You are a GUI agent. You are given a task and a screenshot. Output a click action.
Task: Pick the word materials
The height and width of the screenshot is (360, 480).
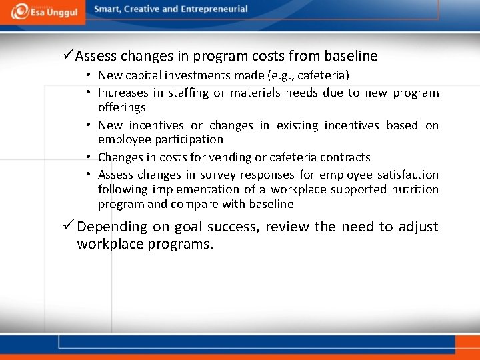[255, 93]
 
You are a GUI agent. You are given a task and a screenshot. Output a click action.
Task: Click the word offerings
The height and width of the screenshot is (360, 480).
[122, 107]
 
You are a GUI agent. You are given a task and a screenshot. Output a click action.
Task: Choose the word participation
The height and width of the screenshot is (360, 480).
[190, 139]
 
